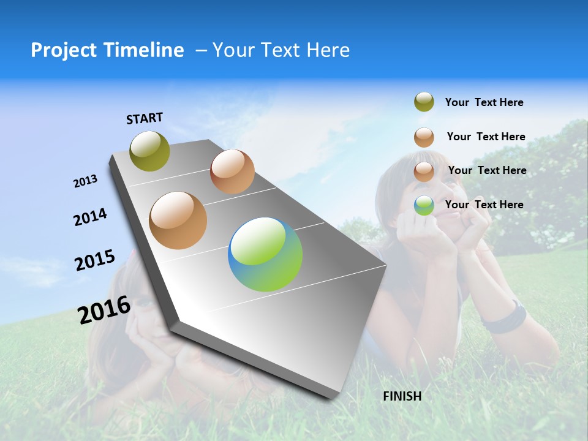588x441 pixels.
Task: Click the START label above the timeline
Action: [x=145, y=118]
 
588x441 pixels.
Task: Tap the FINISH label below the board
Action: [x=402, y=396]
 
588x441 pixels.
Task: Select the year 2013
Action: [x=85, y=181]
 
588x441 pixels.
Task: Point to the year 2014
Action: [x=90, y=217]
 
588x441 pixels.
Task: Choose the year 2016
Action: [x=104, y=309]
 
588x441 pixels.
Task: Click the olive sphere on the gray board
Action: [x=150, y=151]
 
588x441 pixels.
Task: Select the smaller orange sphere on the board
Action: [x=232, y=171]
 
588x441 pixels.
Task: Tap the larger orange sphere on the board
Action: [x=178, y=221]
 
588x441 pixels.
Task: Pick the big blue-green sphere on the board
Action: [x=265, y=254]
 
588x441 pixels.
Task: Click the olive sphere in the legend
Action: [x=424, y=102]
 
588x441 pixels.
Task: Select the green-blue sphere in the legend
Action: [x=424, y=205]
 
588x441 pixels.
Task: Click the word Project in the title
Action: [x=64, y=50]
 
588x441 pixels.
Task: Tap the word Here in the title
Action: [x=328, y=50]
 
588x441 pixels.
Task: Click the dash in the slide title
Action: [x=201, y=50]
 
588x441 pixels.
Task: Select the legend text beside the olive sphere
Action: [x=484, y=102]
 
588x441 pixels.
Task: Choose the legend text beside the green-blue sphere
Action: [x=484, y=205]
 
